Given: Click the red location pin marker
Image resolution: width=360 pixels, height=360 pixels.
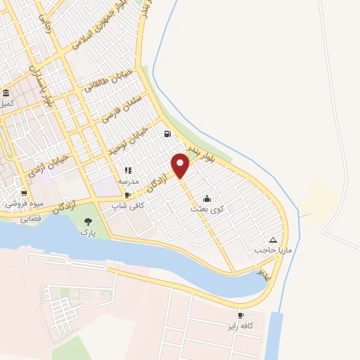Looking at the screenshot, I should pos(181,165).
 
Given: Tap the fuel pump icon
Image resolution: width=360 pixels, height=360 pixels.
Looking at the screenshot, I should pos(167,135).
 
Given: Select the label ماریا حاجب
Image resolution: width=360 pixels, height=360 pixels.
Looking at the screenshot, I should pos(267,249).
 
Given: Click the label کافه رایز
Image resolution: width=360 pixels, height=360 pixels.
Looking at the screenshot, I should pos(255,326).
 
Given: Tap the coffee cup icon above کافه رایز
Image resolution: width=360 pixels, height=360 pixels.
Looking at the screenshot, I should pos(240,316).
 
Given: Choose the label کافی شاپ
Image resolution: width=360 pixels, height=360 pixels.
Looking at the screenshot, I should pos(127,205).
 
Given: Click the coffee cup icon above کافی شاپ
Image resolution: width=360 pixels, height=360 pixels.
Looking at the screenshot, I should pos(127,195).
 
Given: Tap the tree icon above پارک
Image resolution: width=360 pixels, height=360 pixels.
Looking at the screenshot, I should pos(87,221).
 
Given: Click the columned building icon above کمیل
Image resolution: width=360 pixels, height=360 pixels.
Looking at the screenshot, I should pos(6,94).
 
